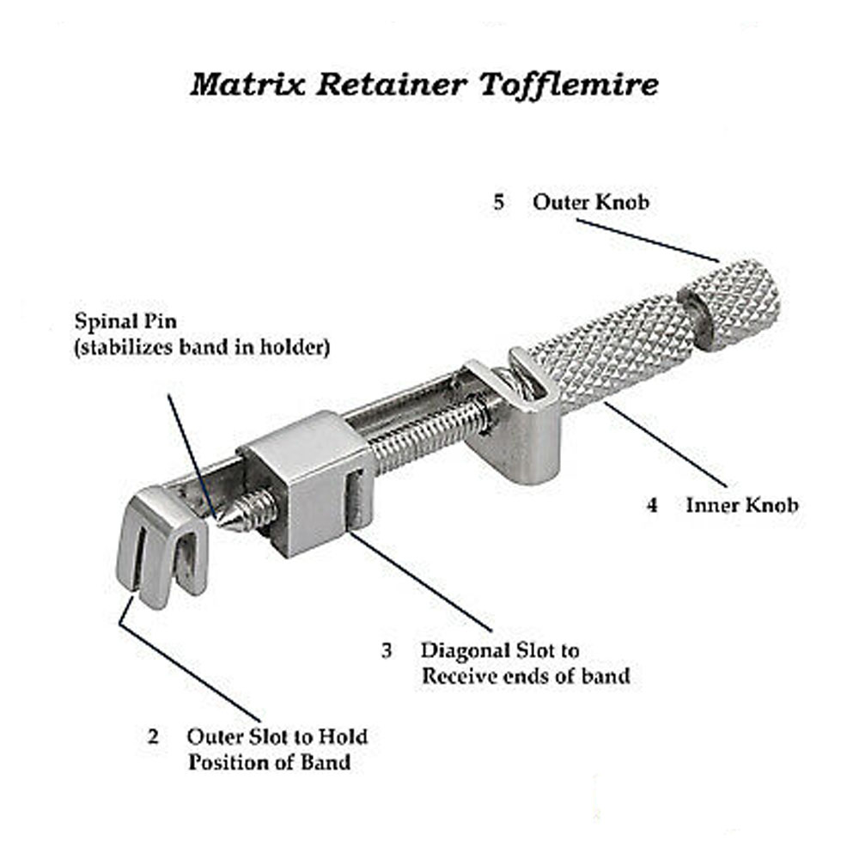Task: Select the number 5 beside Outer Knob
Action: tap(499, 204)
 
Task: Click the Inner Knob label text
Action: tap(741, 505)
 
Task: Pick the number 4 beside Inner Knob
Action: tap(652, 505)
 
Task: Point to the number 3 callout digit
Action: tap(387, 650)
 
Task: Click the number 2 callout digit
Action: tap(153, 737)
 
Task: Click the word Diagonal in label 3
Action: tap(465, 650)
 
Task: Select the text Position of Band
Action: tap(269, 762)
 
